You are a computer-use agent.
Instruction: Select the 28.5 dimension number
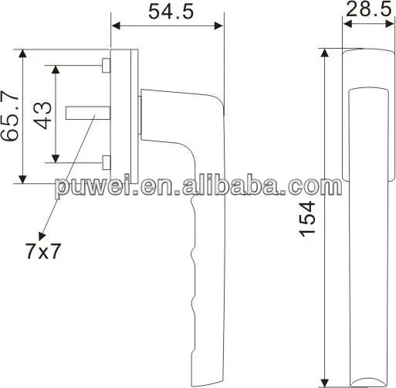pyautogui.click(x=364, y=12)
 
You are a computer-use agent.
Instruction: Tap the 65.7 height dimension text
pyautogui.click(x=10, y=116)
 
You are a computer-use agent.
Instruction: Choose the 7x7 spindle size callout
pyautogui.click(x=42, y=250)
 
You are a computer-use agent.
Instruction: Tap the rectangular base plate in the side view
pyautogui.click(x=124, y=116)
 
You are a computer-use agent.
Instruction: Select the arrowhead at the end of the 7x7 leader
pyautogui.click(x=40, y=230)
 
